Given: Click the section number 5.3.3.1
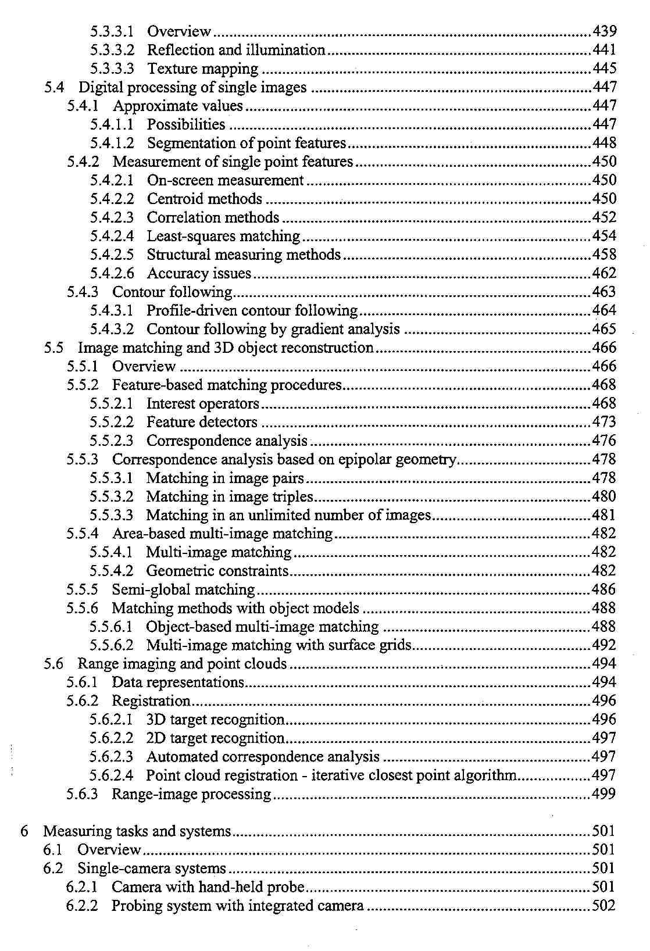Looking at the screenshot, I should click(112, 31).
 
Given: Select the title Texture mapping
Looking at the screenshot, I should click(202, 69).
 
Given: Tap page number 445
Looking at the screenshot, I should click(604, 69).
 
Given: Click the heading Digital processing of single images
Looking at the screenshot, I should click(192, 87).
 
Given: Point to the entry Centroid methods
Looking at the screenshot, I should click(204, 199).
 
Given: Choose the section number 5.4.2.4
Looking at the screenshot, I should click(112, 236).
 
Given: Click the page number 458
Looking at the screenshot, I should click(604, 255).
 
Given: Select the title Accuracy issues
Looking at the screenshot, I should click(199, 273).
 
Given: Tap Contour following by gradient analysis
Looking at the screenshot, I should click(273, 329).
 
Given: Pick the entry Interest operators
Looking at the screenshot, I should click(202, 403).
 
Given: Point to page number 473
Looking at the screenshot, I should click(604, 422).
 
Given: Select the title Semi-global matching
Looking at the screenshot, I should click(183, 589).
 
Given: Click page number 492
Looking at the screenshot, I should click(604, 645).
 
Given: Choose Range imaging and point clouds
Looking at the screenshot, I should click(182, 664).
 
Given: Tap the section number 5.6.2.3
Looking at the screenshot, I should click(111, 757).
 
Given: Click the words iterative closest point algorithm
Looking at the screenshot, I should click(414, 775).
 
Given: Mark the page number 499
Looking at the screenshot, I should click(604, 794).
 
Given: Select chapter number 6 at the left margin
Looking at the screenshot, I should click(24, 831).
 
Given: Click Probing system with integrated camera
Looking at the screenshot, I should click(237, 906).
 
